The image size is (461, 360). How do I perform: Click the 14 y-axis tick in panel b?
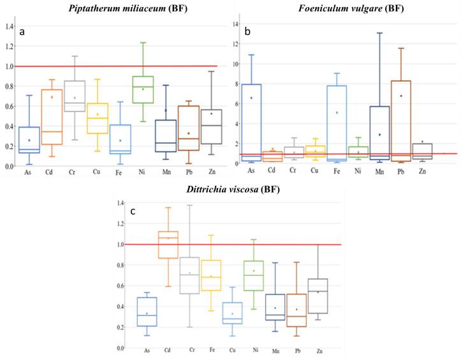(x=235, y=25)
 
